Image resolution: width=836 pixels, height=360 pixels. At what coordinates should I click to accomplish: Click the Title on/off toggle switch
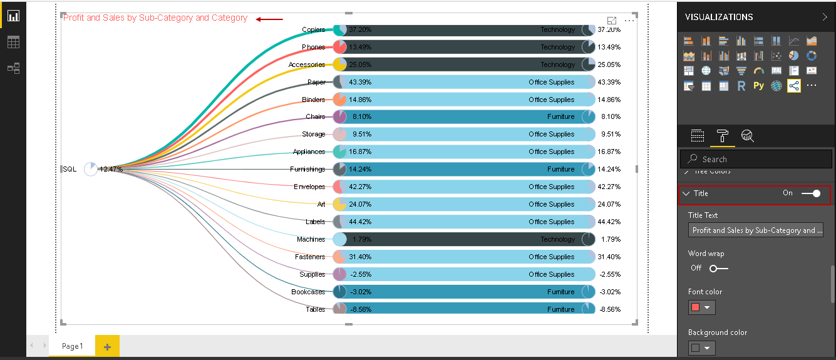pyautogui.click(x=811, y=193)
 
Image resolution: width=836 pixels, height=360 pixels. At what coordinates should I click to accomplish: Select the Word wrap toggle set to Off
pyautogui.click(x=718, y=268)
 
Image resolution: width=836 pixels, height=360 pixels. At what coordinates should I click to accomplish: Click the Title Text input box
pyautogui.click(x=756, y=230)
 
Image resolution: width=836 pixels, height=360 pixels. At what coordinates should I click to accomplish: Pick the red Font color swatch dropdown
pyautogui.click(x=701, y=307)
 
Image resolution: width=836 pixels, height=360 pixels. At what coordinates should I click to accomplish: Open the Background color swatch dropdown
pyautogui.click(x=701, y=348)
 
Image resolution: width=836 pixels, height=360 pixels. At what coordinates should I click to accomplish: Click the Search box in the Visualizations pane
pyautogui.click(x=756, y=159)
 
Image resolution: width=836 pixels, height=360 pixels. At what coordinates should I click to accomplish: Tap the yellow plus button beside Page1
pyautogui.click(x=107, y=346)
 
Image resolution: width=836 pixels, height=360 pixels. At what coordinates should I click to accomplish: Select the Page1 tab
pyautogui.click(x=71, y=346)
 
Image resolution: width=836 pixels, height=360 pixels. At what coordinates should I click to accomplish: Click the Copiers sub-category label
pyautogui.click(x=313, y=29)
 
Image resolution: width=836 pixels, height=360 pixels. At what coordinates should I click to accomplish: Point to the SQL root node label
pyautogui.click(x=70, y=169)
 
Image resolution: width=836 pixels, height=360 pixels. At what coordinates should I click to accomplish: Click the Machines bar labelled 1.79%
pyautogui.click(x=463, y=239)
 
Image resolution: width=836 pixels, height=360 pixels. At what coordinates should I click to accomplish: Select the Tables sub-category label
pyautogui.click(x=316, y=309)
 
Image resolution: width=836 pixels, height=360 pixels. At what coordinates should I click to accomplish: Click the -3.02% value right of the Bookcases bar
pyautogui.click(x=609, y=292)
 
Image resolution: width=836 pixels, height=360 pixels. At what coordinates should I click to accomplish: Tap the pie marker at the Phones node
pyautogui.click(x=340, y=47)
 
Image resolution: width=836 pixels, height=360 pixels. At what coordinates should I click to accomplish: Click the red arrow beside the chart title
pyautogui.click(x=269, y=19)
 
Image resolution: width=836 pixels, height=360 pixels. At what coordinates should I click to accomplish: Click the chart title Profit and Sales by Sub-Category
pyautogui.click(x=155, y=18)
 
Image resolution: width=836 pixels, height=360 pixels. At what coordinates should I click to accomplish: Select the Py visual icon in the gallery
pyautogui.click(x=759, y=86)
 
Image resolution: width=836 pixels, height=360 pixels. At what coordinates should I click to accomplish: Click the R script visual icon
pyautogui.click(x=741, y=86)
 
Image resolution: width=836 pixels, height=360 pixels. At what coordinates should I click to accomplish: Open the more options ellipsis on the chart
pyautogui.click(x=629, y=21)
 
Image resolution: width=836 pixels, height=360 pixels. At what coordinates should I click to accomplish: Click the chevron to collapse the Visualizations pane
pyautogui.click(x=824, y=17)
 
